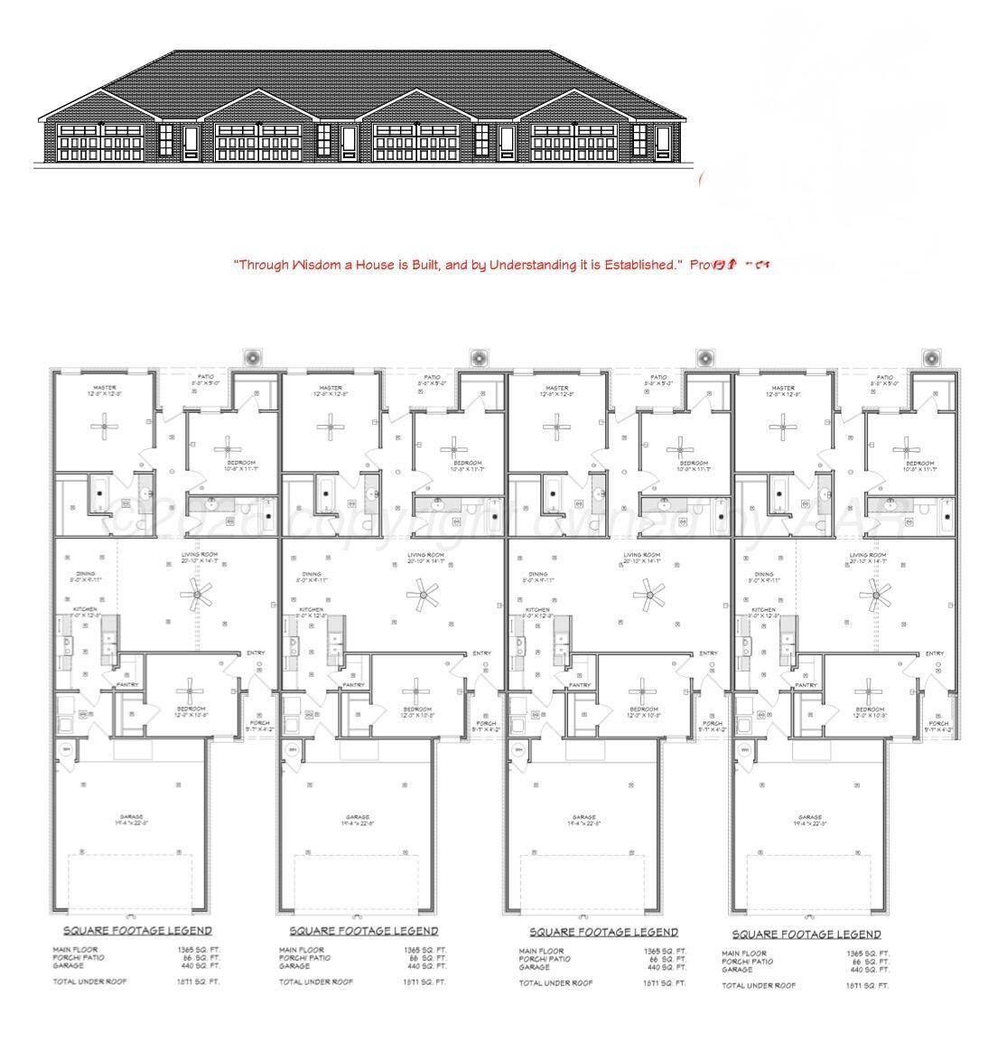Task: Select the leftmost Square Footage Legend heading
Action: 137,930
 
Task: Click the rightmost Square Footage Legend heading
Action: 807,935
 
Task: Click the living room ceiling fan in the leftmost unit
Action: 197,594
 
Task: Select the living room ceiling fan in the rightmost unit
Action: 873,594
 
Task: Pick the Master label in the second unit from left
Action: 331,388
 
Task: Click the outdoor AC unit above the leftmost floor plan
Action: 253,358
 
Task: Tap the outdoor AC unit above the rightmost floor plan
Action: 932,358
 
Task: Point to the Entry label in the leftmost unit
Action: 256,653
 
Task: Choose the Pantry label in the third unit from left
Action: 580,685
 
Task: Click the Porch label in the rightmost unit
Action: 938,723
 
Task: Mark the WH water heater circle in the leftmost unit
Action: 66,749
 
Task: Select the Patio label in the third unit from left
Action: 658,377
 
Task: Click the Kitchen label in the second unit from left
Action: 312,610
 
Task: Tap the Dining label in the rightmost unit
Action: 764,574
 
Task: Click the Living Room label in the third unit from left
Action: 651,555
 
